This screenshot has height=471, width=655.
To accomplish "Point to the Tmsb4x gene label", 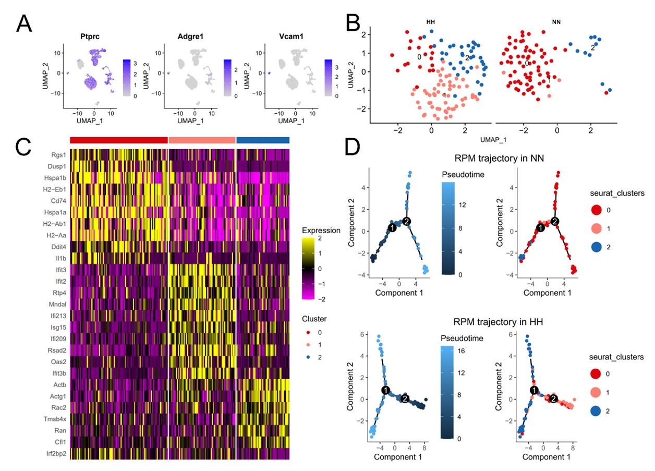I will point(54,419).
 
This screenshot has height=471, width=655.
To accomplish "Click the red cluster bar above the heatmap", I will point(118,140).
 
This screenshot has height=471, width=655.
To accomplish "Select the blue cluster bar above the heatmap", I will point(263,140).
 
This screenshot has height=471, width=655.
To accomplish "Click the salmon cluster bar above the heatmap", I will point(202,140).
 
